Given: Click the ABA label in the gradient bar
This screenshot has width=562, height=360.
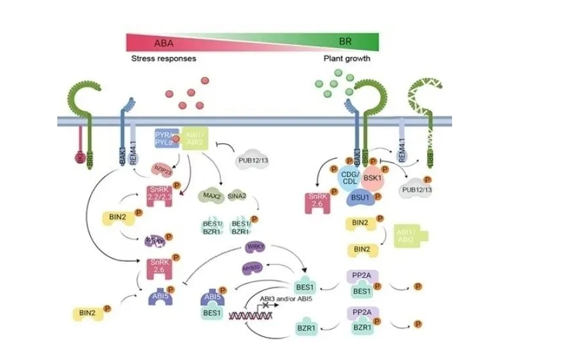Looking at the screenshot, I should click(165, 43).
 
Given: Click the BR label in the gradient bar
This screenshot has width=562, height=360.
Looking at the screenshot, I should click(345, 41).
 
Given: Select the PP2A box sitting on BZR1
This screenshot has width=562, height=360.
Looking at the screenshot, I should click(359, 313).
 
